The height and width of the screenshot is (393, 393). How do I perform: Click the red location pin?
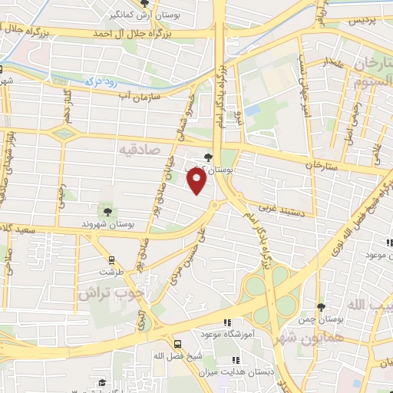196,180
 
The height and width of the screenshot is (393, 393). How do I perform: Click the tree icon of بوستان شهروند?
106,211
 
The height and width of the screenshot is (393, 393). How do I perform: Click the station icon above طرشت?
112,259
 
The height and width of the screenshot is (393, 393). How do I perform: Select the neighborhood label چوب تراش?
111,292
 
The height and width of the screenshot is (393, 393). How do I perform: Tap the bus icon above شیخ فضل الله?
177,343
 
